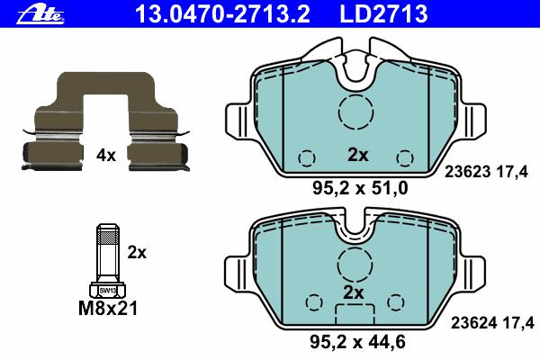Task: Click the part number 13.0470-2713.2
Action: pyautogui.click(x=223, y=13)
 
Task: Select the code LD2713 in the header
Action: pyautogui.click(x=383, y=13)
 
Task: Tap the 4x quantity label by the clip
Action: pyautogui.click(x=106, y=156)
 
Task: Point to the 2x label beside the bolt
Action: pyautogui.click(x=137, y=253)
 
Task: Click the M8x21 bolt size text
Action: pyautogui.click(x=108, y=309)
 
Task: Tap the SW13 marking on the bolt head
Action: pyautogui.click(x=108, y=291)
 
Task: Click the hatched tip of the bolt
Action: pyautogui.click(x=108, y=237)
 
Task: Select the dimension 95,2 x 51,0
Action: pyautogui.click(x=360, y=188)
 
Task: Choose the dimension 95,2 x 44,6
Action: pyautogui.click(x=357, y=342)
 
